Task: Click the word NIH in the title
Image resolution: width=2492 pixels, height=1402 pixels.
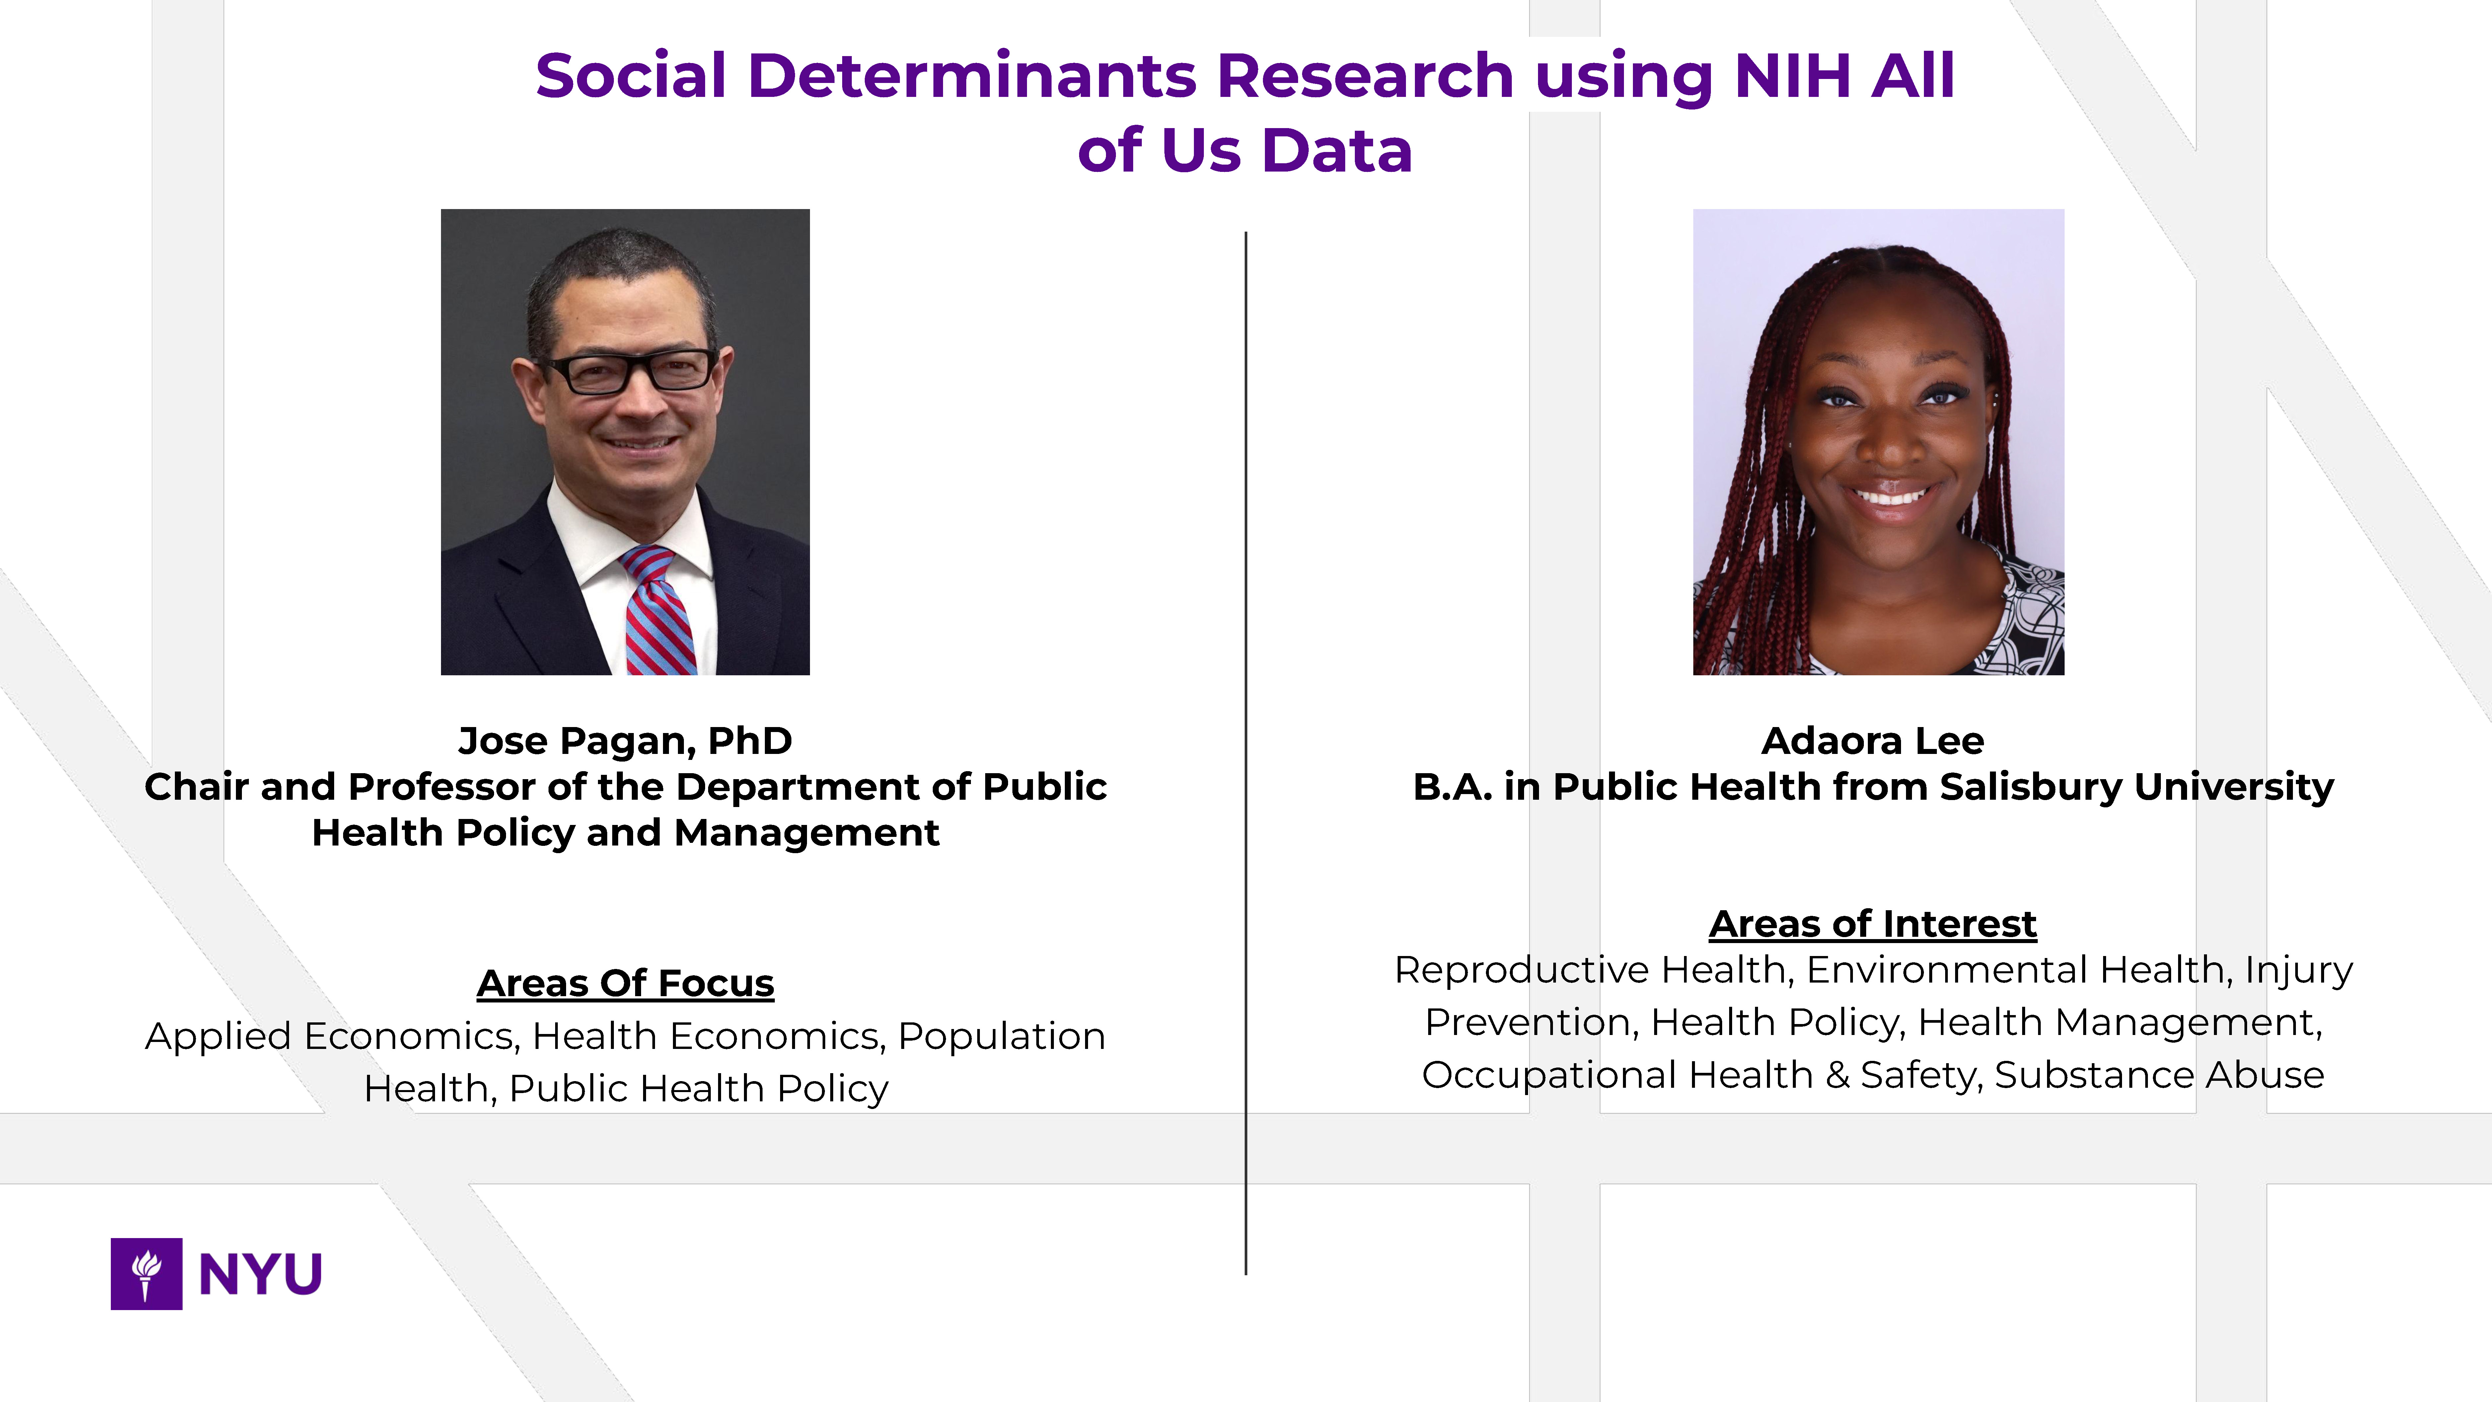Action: tap(1793, 75)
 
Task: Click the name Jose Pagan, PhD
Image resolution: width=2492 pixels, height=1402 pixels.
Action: tap(625, 741)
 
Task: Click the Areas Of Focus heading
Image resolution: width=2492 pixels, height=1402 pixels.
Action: tap(625, 983)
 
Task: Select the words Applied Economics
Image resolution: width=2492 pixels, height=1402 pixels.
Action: tap(329, 1036)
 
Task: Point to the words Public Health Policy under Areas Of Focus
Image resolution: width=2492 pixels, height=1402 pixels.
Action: tap(698, 1088)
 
